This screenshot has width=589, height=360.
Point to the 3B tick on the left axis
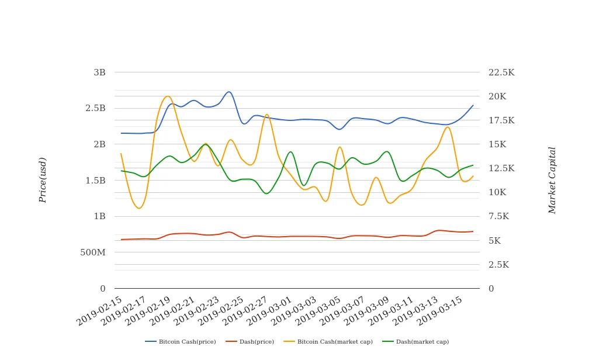click(x=99, y=72)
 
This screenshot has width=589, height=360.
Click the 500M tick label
click(x=92, y=252)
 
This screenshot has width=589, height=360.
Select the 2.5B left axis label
click(x=95, y=109)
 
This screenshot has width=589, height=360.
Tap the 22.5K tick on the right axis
click(x=501, y=72)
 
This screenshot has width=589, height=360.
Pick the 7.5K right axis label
click(x=498, y=217)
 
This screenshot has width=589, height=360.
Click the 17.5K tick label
click(x=501, y=120)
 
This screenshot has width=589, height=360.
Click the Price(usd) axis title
click(x=43, y=180)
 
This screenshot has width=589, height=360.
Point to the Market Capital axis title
click(x=552, y=180)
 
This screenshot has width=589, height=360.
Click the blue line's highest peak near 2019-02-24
click(x=229, y=92)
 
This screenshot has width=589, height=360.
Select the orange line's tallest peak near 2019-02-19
click(x=168, y=96)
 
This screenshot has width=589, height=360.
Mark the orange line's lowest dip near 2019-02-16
click(x=139, y=208)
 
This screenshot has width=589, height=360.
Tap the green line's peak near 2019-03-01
click(x=290, y=152)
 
